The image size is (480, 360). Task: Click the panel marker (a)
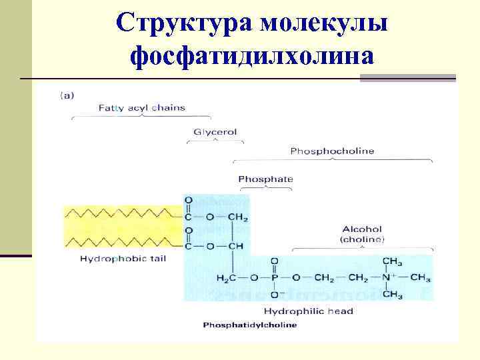(x=67, y=95)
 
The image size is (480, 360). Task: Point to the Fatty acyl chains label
(x=141, y=107)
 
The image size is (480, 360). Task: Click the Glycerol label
(x=215, y=132)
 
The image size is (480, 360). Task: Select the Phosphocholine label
(x=332, y=151)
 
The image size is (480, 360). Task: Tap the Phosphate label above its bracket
(x=265, y=179)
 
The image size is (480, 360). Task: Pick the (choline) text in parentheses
(x=362, y=239)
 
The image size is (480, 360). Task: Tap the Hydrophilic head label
(x=308, y=311)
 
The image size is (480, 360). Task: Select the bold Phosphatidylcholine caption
(x=250, y=325)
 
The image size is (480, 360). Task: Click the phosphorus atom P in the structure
(x=275, y=277)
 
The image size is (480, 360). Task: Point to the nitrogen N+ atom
(x=391, y=277)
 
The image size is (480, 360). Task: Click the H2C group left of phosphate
(x=227, y=277)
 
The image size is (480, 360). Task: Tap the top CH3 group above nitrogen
(x=392, y=261)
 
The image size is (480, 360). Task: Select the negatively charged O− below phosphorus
(x=276, y=294)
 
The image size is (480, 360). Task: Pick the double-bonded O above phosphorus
(x=275, y=261)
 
